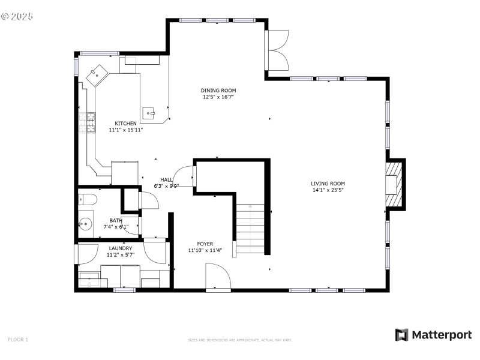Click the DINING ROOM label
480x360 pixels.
coord(218,90)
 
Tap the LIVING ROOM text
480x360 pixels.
coord(328,184)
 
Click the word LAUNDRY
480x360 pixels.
coord(121,248)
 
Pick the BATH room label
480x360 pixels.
coord(116,220)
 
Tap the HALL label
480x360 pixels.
coord(166,179)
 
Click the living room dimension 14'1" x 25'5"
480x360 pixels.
coord(328,190)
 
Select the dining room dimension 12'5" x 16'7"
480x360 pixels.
coord(218,97)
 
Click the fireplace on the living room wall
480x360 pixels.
coord(393,184)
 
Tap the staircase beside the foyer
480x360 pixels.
coord(250,228)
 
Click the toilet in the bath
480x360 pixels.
coord(86,200)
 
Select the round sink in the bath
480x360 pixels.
coord(85,225)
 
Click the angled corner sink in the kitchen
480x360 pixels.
coord(96,76)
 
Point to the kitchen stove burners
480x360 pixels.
coord(91,122)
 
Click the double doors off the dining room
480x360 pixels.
coord(277,50)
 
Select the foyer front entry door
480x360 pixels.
coord(218,279)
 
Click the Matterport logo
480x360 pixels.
coord(433,335)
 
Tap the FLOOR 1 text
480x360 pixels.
coord(18,340)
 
